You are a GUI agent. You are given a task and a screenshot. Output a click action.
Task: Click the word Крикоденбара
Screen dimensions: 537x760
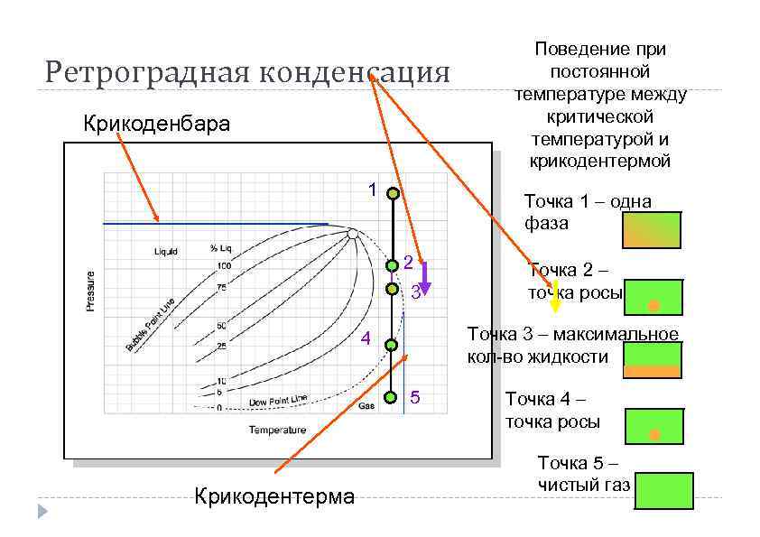tap(156, 124)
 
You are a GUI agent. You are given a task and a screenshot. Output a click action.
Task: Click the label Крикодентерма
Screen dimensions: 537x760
tap(274, 495)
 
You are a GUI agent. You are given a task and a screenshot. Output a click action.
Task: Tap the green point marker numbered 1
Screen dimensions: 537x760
tap(394, 193)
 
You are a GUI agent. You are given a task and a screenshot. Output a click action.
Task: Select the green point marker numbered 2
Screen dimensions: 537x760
tap(393, 265)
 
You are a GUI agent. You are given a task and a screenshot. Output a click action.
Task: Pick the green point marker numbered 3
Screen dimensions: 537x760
tap(392, 289)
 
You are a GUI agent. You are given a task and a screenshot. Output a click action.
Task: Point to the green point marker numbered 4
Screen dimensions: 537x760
tap(392, 345)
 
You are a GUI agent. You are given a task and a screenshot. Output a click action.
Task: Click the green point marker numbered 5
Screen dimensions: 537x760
tap(391, 397)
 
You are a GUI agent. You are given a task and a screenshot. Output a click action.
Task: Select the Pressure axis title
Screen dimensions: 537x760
tap(90, 291)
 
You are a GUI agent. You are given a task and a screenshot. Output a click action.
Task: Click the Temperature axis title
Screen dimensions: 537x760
tap(277, 430)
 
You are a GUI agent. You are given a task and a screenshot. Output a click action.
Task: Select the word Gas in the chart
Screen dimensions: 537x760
tap(366, 406)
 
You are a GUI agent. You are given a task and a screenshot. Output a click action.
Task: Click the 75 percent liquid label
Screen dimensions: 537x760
tap(222, 287)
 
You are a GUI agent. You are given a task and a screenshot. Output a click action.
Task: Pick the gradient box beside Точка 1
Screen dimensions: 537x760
tap(652, 230)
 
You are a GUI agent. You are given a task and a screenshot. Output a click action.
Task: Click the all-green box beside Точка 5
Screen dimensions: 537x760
tap(663, 490)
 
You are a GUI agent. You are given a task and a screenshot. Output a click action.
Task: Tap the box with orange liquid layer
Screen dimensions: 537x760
tap(652, 360)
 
